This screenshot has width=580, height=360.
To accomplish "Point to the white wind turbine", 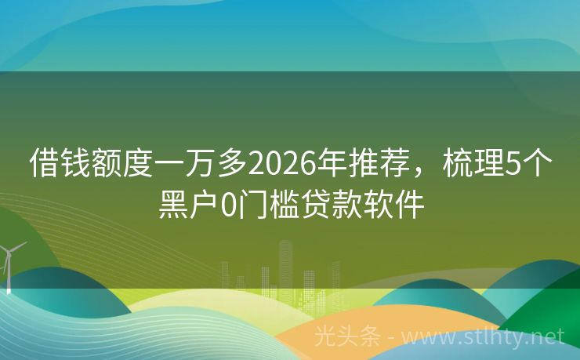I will coord(9,263).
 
